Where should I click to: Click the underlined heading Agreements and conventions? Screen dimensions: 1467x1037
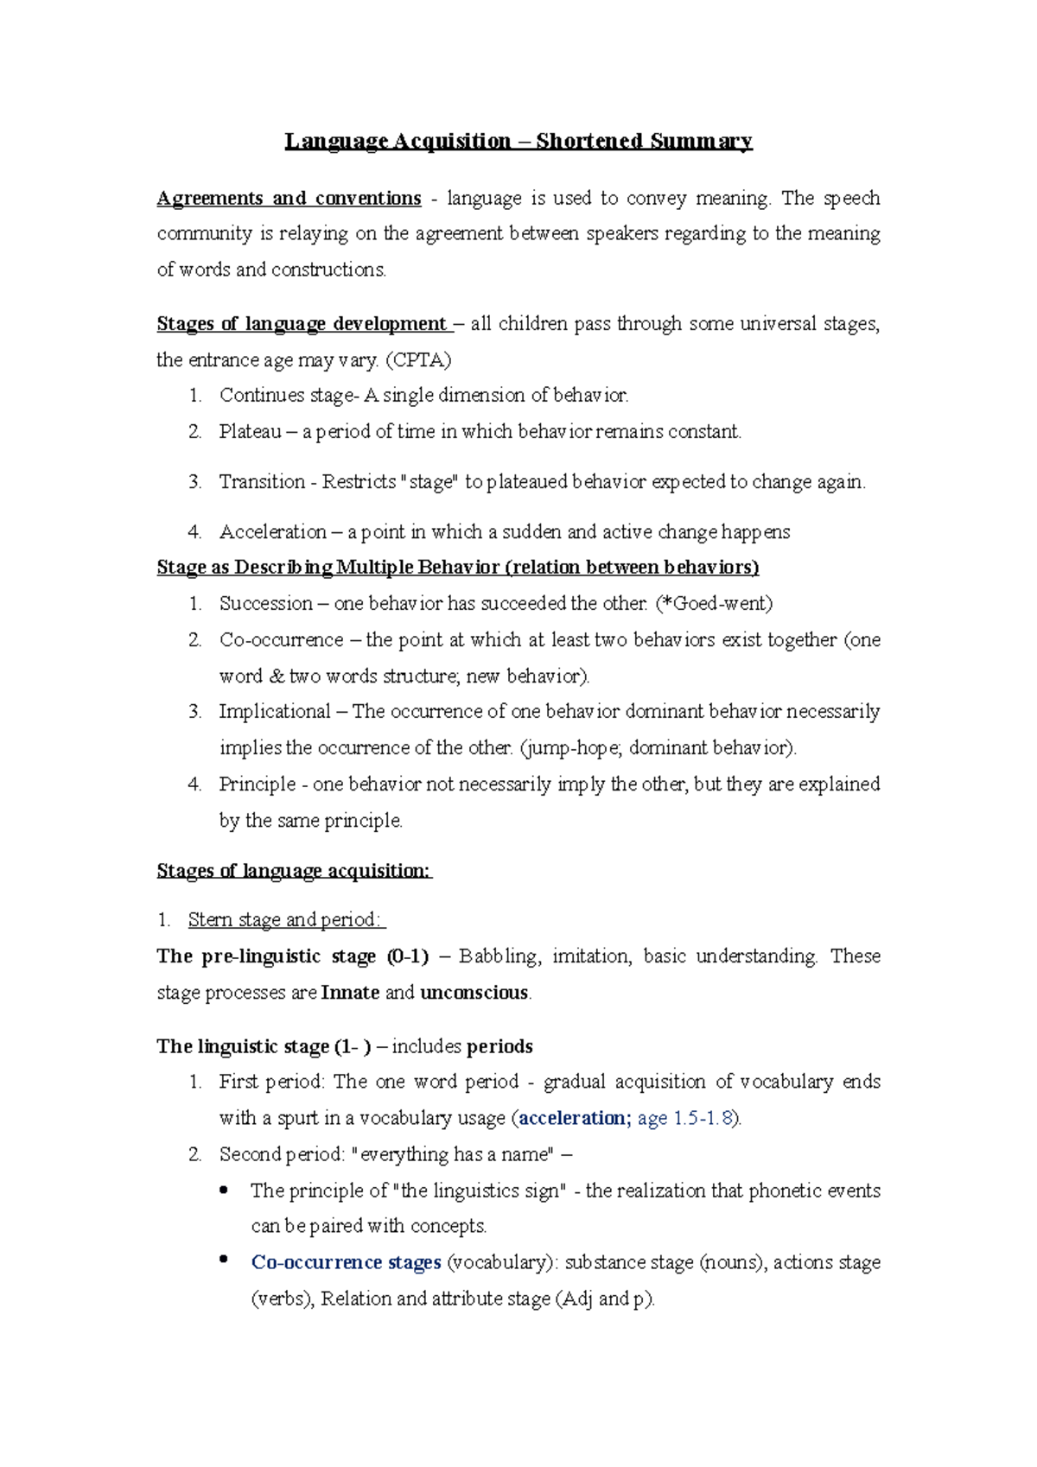click(x=289, y=199)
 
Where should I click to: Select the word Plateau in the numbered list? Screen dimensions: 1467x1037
click(x=250, y=431)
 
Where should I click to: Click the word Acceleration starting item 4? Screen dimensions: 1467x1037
click(x=272, y=531)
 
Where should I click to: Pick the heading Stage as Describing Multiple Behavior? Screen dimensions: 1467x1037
click(x=457, y=568)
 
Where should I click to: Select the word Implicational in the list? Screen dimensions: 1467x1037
click(x=274, y=712)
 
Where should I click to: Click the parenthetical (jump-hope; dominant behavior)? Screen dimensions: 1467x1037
click(x=658, y=748)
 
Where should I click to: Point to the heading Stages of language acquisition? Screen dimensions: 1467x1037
click(x=293, y=871)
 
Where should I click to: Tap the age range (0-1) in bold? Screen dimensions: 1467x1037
click(x=408, y=956)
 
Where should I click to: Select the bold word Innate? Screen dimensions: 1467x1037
click(x=350, y=993)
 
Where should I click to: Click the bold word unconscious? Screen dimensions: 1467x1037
click(x=474, y=993)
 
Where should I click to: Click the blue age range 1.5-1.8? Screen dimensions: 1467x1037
click(x=703, y=1118)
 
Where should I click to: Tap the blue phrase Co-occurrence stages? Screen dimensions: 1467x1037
click(x=346, y=1262)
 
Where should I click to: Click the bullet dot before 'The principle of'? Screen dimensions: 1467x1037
click(x=224, y=1190)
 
